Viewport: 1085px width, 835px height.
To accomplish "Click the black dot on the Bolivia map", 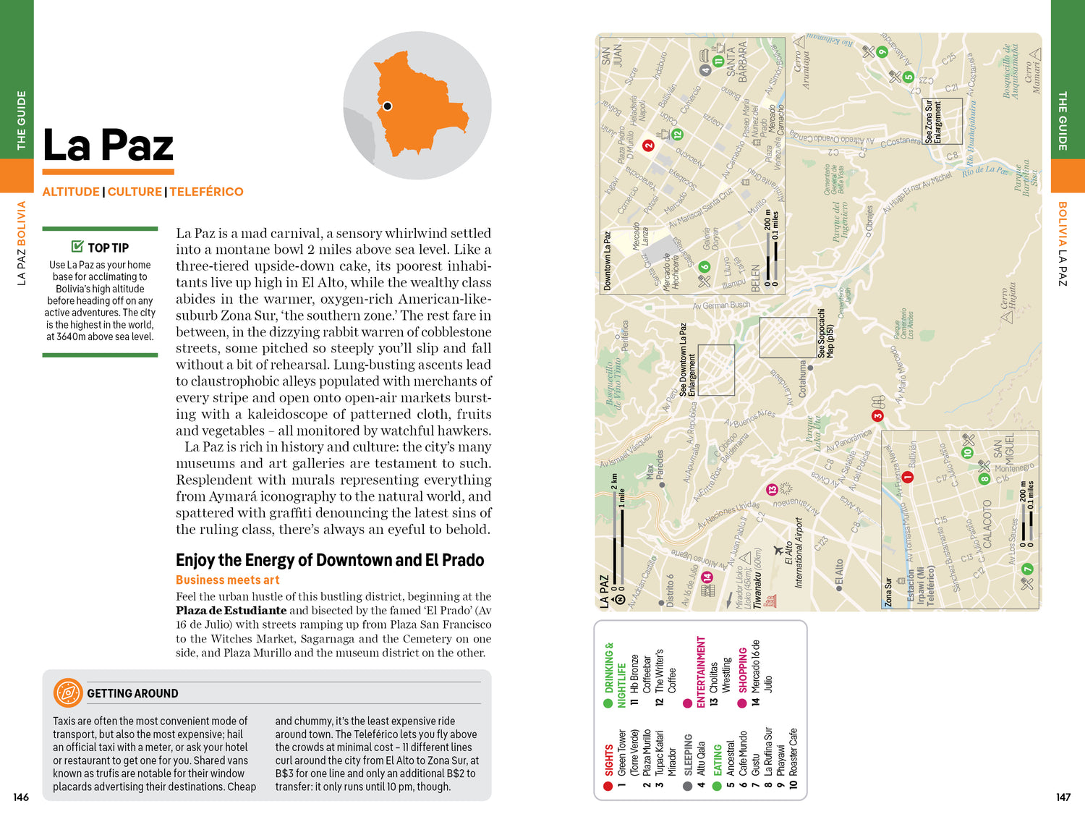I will [x=388, y=106].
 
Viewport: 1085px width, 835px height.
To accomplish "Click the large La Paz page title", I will [x=109, y=145].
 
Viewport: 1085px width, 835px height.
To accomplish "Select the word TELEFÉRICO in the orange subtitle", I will [x=206, y=192].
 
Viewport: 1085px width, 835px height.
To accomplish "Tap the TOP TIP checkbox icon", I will [x=77, y=247].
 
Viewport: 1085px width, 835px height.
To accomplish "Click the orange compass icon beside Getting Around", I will [x=67, y=692].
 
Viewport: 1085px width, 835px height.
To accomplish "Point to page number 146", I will [x=21, y=797].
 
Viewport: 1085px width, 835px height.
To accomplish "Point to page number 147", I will [x=1063, y=797].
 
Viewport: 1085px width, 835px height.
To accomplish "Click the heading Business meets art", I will [x=227, y=580].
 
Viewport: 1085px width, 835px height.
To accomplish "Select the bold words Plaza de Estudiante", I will [x=231, y=610].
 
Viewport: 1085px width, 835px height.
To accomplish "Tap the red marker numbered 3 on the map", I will [x=877, y=416].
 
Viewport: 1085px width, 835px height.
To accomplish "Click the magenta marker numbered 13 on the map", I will [x=772, y=490].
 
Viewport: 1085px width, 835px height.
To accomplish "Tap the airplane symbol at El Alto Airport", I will [x=779, y=550].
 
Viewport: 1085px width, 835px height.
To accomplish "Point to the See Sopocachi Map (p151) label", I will [x=825, y=334].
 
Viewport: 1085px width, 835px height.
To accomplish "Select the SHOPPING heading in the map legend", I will [x=743, y=669].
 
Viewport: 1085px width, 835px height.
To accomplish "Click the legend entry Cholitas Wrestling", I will [x=720, y=677].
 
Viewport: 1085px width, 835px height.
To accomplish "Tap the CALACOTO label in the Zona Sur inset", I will [x=987, y=523].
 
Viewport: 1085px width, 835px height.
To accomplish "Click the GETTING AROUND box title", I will [x=132, y=693].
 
